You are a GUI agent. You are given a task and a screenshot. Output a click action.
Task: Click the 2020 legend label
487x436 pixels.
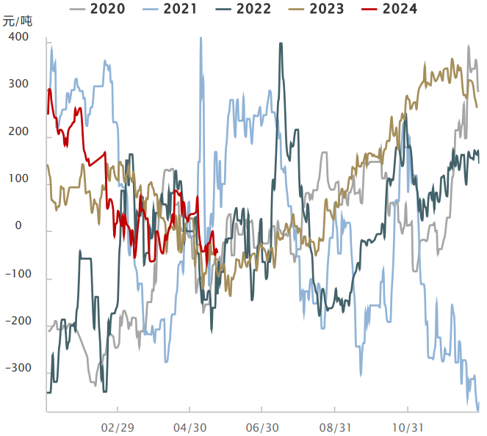click(107, 10)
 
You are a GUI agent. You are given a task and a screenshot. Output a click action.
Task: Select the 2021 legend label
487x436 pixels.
click(180, 10)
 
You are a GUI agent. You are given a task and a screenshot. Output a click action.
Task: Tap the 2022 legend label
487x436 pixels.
click(253, 10)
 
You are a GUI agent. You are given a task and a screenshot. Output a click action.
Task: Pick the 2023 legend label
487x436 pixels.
click(326, 10)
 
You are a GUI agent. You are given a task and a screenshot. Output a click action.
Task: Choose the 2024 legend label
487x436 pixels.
click(400, 10)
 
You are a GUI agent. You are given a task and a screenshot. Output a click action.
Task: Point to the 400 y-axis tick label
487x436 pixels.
click(18, 37)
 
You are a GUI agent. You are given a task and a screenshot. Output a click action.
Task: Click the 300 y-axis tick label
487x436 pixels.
click(18, 84)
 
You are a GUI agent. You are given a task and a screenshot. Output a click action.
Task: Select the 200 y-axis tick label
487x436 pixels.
click(18, 132)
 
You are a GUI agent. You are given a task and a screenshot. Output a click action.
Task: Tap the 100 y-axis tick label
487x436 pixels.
click(18, 179)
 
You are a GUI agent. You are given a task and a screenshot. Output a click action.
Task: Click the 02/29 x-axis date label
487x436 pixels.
click(118, 426)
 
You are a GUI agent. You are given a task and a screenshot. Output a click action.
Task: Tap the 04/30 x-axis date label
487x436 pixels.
click(190, 426)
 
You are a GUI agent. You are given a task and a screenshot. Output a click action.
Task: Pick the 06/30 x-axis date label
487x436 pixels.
click(262, 426)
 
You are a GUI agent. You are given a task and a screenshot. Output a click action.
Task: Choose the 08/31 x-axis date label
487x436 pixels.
click(335, 426)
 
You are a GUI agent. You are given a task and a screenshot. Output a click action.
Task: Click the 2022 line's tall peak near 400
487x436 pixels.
click(281, 44)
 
